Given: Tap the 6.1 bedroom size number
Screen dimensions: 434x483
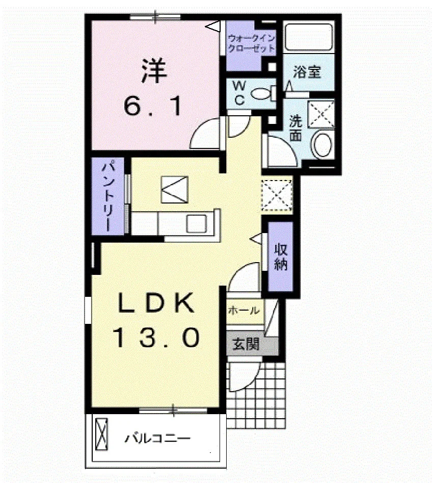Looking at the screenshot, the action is [152, 106].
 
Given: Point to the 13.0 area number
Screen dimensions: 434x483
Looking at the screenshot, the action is [157, 337].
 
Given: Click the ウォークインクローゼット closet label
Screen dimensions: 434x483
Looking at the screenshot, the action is [251, 43].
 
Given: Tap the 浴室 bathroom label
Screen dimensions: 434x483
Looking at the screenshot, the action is [307, 71].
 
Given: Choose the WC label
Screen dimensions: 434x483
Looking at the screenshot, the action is [239, 92].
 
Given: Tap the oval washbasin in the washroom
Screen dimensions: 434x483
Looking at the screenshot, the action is [322, 144].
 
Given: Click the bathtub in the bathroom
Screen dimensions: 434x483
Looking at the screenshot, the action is [309, 37].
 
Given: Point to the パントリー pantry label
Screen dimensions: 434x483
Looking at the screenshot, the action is [108, 197].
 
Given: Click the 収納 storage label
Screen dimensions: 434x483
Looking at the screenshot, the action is [281, 257].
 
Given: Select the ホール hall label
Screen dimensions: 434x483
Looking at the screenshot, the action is [244, 311].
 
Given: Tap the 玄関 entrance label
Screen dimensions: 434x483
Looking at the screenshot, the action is [246, 344].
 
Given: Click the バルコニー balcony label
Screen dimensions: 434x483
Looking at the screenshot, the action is [157, 438].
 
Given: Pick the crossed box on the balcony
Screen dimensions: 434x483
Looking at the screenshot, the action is [101, 434].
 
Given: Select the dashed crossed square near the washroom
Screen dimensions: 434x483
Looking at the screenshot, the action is [277, 195].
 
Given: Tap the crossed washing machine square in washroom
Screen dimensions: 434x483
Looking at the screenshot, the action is [321, 114].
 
